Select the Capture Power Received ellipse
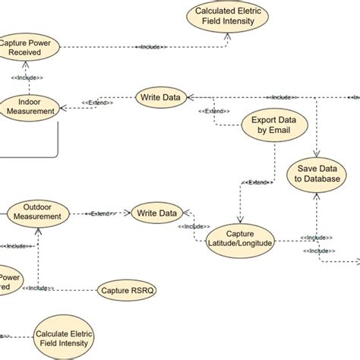(x=26, y=47)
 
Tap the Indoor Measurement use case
(x=28, y=106)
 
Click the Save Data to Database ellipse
(x=313, y=172)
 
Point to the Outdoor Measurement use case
(x=36, y=212)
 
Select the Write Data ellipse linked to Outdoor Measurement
(x=156, y=213)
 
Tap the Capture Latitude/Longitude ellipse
(x=238, y=237)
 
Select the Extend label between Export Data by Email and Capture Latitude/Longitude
(x=255, y=183)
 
